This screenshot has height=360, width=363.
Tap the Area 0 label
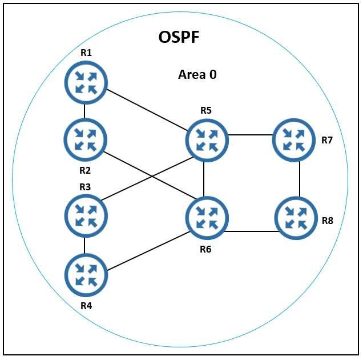[197, 74]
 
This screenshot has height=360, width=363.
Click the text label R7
[327, 140]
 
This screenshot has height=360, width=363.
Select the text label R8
[328, 221]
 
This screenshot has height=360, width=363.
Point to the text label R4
[86, 305]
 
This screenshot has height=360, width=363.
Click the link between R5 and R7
[250, 135]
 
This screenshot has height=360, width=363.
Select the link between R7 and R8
[300, 178]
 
